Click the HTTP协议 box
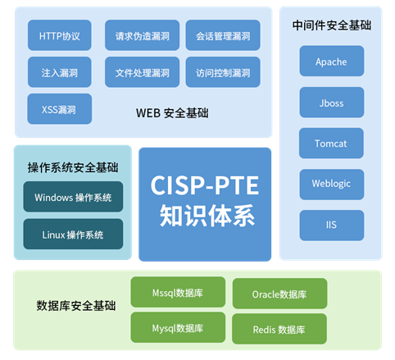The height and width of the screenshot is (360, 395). click(x=60, y=35)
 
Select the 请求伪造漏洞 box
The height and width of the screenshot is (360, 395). click(x=142, y=35)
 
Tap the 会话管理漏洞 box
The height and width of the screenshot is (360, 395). click(x=223, y=35)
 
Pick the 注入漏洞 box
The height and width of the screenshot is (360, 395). click(x=60, y=72)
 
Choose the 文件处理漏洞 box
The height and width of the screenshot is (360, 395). click(x=142, y=72)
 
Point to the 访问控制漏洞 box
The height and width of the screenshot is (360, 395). click(x=223, y=72)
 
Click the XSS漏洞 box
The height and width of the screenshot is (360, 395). click(x=60, y=109)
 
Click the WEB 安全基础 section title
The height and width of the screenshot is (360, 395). click(x=172, y=113)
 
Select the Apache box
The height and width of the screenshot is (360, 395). click(x=332, y=61)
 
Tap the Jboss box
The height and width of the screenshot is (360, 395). click(x=332, y=103)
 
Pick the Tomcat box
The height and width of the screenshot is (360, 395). click(x=331, y=143)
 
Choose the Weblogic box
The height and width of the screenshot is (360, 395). click(x=332, y=185)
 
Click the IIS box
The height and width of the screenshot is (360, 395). click(x=332, y=226)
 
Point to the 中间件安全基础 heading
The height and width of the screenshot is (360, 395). click(x=332, y=25)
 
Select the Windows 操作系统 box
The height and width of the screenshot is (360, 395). click(x=73, y=197)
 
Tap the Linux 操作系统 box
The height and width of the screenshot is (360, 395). click(x=73, y=234)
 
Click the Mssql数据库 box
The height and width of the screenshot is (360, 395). click(x=178, y=292)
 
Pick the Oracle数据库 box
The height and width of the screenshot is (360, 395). click(x=279, y=294)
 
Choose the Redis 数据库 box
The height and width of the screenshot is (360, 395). click(x=279, y=329)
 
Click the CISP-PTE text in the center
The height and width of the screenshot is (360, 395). click(x=205, y=185)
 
